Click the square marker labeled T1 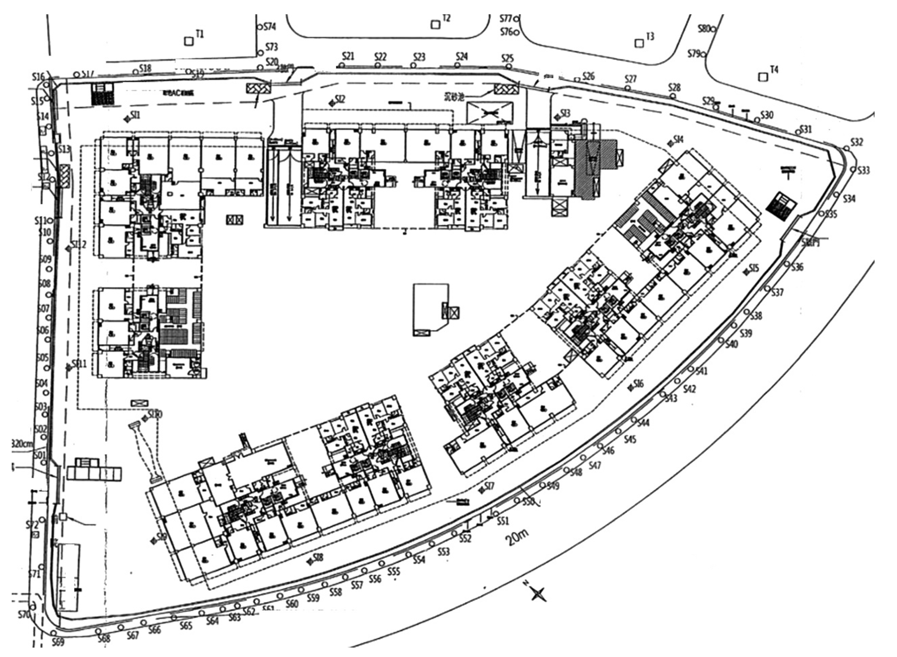[188, 41]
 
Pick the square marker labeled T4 [763, 77]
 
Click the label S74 [270, 27]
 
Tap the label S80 [704, 29]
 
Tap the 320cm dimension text [23, 443]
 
